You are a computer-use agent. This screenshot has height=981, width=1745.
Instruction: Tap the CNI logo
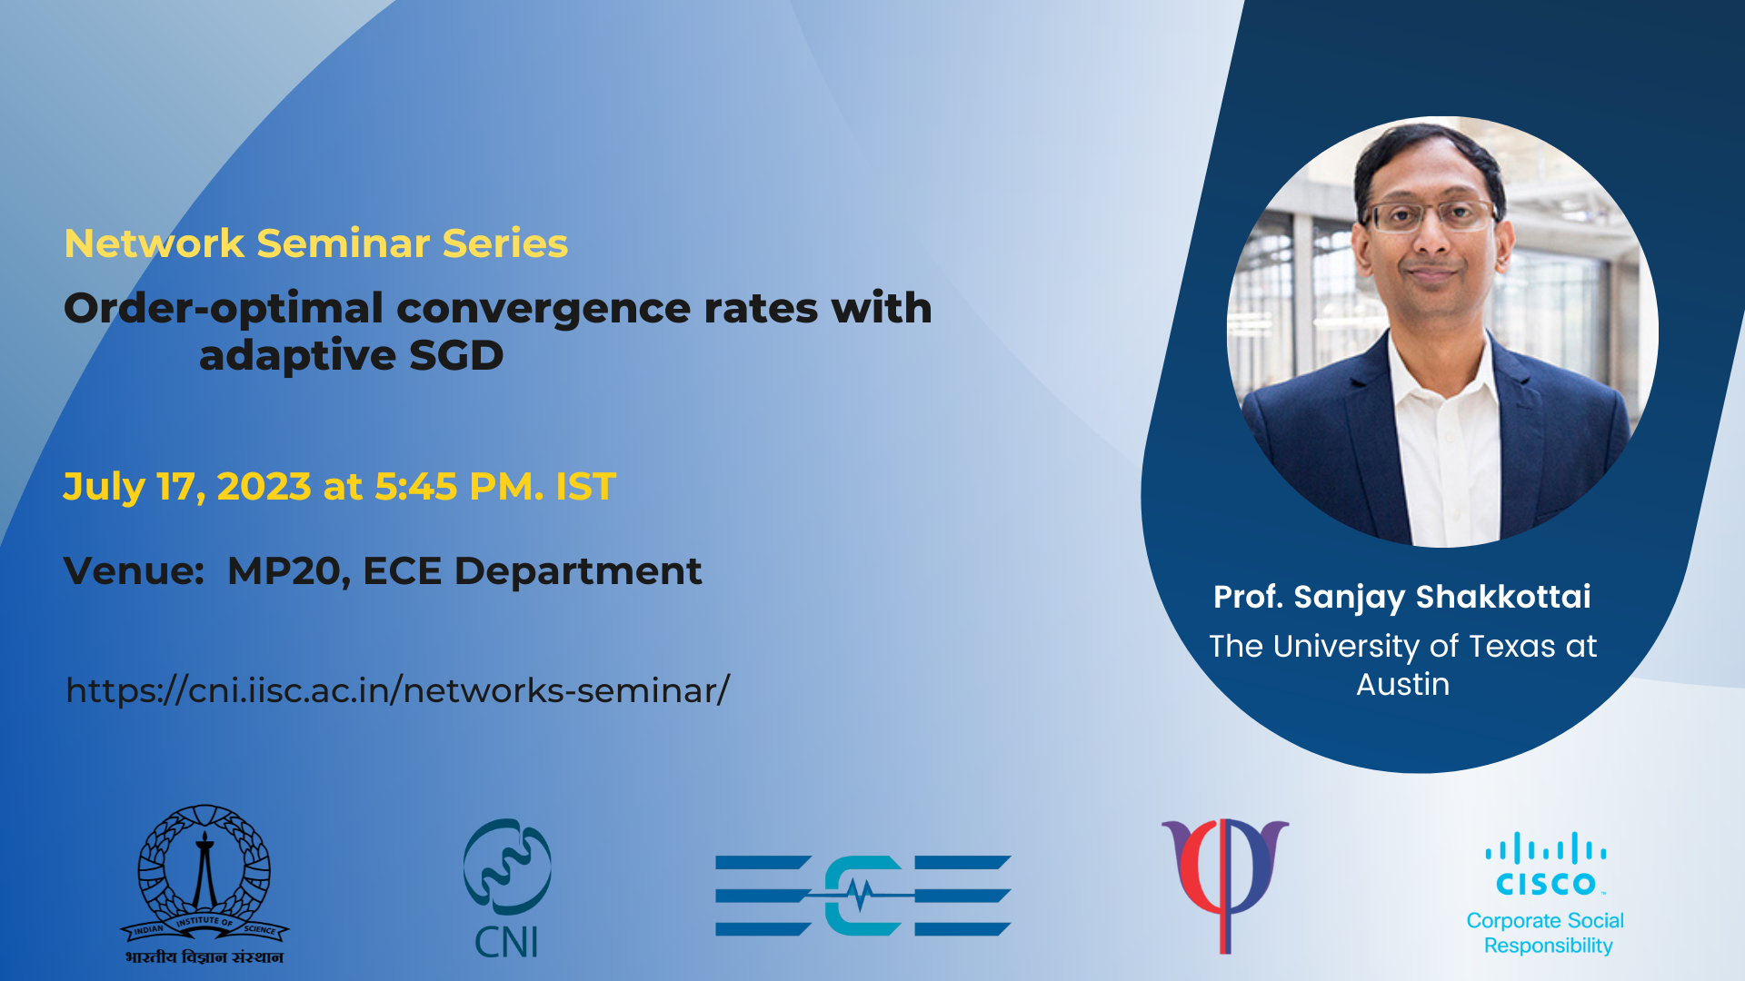pyautogui.click(x=507, y=888)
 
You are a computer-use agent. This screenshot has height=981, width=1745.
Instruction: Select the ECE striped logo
pyautogui.click(x=863, y=895)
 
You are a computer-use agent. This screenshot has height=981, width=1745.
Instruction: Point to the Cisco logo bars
pyautogui.click(x=1546, y=848)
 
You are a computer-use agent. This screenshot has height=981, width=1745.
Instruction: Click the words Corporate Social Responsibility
pyautogui.click(x=1546, y=933)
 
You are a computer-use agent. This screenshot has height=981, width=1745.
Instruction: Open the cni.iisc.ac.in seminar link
pyautogui.click(x=398, y=690)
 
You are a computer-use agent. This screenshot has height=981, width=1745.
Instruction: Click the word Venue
pyautogui.click(x=134, y=571)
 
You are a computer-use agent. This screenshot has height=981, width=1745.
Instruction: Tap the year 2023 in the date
pyautogui.click(x=264, y=487)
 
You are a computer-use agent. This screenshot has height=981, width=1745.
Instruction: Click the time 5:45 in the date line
pyautogui.click(x=415, y=487)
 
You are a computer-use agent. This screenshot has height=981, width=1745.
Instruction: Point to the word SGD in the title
pyautogui.click(x=456, y=355)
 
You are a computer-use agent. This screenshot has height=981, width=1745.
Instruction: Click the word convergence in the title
pyautogui.click(x=543, y=309)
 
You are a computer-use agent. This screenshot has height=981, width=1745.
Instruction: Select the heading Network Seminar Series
pyautogui.click(x=316, y=243)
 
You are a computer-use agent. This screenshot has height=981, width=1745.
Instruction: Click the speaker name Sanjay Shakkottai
pyautogui.click(x=1442, y=598)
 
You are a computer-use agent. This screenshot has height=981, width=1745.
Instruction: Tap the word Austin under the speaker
pyautogui.click(x=1403, y=684)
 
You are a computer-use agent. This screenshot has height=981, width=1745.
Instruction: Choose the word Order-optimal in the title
pyautogui.click(x=224, y=310)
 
